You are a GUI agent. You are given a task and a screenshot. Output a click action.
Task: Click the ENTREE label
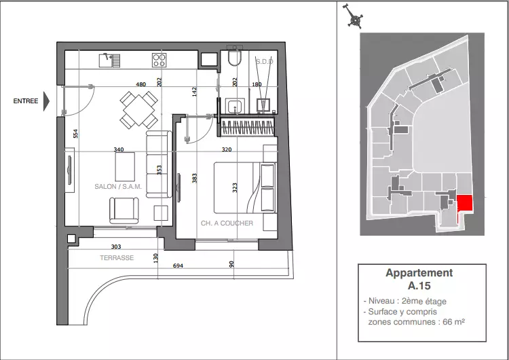coord(26,101)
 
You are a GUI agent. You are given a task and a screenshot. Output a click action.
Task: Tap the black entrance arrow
coord(46,101)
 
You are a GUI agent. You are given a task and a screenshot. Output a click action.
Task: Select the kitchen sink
coord(109,60)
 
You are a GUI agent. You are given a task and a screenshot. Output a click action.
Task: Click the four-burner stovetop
coord(159,60)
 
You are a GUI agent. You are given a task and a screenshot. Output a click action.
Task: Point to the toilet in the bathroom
coord(234,56)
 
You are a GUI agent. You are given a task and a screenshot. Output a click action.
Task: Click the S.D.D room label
coord(264,61)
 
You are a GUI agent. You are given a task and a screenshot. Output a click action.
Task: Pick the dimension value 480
coord(140,84)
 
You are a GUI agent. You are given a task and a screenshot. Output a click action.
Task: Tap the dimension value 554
coord(75,134)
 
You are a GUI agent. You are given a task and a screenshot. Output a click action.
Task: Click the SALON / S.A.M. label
coord(118,187)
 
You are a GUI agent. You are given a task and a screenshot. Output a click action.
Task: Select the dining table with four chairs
coord(139,110)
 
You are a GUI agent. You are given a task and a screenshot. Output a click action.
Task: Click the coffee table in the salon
coord(125,166)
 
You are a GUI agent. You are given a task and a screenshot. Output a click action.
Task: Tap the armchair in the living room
coord(124,211)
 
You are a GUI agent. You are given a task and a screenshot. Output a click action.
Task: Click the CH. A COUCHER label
coord(227,223)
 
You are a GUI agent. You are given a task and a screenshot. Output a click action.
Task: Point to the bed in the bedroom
coord(245,187)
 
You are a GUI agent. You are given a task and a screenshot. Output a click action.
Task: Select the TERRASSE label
coord(117,258)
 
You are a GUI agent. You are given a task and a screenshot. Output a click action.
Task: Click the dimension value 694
coord(178,266)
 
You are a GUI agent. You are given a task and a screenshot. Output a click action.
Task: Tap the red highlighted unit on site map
coord(464,204)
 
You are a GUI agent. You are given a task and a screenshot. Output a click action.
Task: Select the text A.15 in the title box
coord(419,285)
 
